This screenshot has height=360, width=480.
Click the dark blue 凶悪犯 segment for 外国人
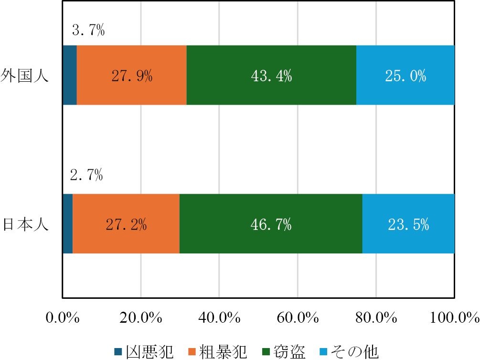(x=70, y=75)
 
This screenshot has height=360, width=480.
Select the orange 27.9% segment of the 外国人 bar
(x=131, y=75)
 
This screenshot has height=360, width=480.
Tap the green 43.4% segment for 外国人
(x=271, y=75)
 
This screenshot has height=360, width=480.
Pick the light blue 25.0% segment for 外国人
(x=405, y=75)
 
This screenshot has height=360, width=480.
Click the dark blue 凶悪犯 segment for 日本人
(x=68, y=223)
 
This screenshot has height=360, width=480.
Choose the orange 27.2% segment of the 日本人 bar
(x=126, y=223)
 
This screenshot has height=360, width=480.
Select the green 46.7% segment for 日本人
(x=271, y=223)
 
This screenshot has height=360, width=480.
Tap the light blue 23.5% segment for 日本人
(x=408, y=223)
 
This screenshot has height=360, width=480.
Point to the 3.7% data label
(x=88, y=32)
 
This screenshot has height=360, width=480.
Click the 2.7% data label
(x=86, y=175)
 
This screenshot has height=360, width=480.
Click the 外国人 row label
(x=25, y=76)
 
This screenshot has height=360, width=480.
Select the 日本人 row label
(x=25, y=224)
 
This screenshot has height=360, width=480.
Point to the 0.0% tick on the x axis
(x=63, y=317)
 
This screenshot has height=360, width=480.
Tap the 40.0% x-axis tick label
(x=219, y=317)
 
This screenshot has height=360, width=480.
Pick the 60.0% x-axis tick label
(x=297, y=317)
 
